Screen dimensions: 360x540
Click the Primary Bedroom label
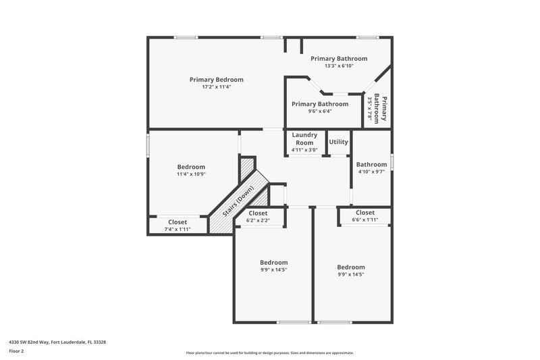pyautogui.click(x=216, y=80)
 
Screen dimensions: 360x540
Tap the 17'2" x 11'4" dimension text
pyautogui.click(x=216, y=87)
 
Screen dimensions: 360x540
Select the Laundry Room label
pyautogui.click(x=304, y=138)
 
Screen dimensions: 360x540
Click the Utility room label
pyautogui.click(x=338, y=142)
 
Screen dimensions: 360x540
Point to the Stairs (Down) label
pyautogui.click(x=240, y=201)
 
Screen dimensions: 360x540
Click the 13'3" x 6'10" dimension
pyautogui.click(x=339, y=66)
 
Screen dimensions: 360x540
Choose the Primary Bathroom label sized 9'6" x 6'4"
pyautogui.click(x=320, y=104)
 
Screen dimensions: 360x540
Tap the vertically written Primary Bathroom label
pyautogui.click(x=380, y=108)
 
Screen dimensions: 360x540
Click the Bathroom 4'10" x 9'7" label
pyautogui.click(x=371, y=164)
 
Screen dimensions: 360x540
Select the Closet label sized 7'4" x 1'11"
pyautogui.click(x=178, y=222)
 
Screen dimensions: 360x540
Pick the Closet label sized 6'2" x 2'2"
pyautogui.click(x=257, y=213)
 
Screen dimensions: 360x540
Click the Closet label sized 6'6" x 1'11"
pyautogui.click(x=365, y=213)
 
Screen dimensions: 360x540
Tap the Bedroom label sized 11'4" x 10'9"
pyautogui.click(x=191, y=167)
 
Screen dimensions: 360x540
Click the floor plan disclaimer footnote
pyautogui.click(x=270, y=353)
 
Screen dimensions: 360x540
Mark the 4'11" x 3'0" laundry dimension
pyautogui.click(x=304, y=151)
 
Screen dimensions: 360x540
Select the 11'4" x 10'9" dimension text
pyautogui.click(x=191, y=174)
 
